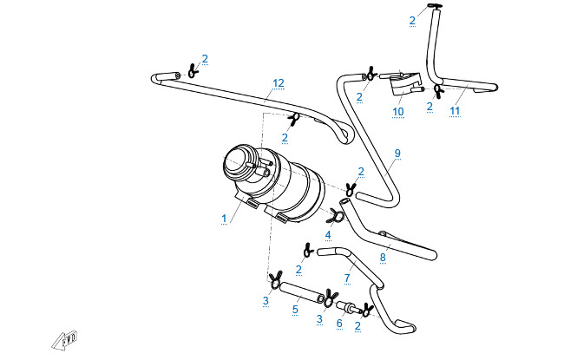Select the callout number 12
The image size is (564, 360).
278,83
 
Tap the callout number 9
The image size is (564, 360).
397,154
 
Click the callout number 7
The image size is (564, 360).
347,278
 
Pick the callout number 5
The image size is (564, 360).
295,308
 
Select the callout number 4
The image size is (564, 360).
328,234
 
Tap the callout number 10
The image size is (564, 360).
398,113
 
